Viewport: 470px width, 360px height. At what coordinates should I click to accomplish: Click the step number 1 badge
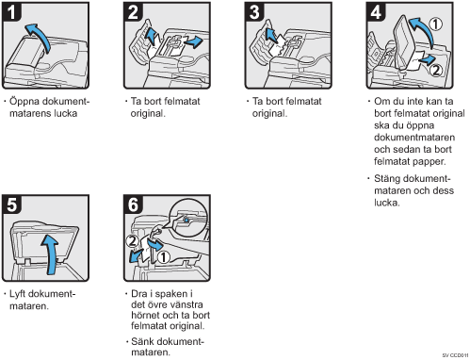11,12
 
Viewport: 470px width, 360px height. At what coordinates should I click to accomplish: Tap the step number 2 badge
133,12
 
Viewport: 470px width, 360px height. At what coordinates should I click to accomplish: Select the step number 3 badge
254,12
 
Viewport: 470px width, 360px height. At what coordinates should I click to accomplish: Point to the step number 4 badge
376,12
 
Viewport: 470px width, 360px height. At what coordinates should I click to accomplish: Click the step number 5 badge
11,205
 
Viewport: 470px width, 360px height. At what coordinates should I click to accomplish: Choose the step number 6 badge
133,205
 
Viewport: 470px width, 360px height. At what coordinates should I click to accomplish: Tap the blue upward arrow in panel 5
51,253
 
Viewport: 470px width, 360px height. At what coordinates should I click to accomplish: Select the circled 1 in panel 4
436,25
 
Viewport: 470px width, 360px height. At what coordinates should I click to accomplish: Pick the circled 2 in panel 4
436,70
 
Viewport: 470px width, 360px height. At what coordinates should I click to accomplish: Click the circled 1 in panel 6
163,257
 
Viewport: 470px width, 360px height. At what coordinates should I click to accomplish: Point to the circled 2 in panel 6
132,241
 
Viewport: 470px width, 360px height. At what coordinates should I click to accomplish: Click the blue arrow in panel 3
271,35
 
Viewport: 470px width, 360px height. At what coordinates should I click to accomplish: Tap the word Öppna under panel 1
24,102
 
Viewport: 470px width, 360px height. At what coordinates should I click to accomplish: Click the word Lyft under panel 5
18,294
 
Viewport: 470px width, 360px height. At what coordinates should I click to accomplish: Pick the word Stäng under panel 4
389,179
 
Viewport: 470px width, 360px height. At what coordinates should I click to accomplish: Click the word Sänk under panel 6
142,341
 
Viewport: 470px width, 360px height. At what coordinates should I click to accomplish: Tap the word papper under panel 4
429,162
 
